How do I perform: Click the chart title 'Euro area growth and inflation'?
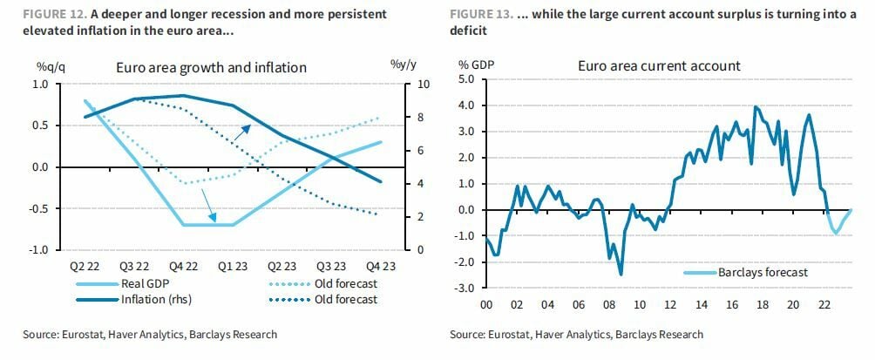(213, 67)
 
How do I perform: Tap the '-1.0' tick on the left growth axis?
(38, 250)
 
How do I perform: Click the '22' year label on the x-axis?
(824, 305)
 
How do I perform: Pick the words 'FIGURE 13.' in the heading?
(478, 16)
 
